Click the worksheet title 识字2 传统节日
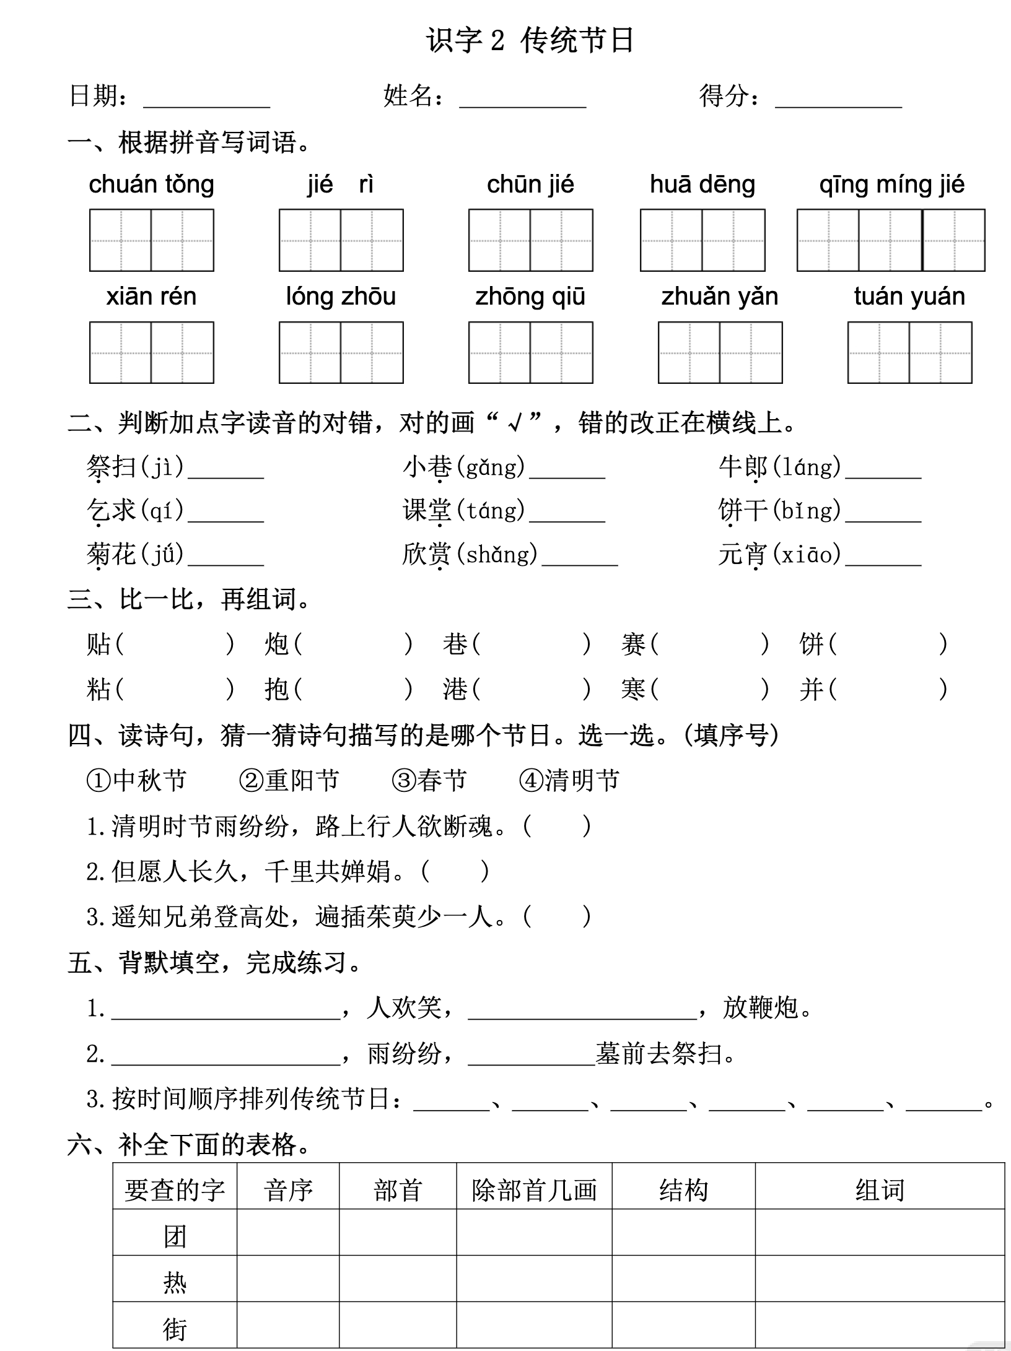point(530,41)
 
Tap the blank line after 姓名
point(522,99)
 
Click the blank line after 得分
point(838,99)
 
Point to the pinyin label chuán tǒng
point(152,185)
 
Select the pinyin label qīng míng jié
point(891,185)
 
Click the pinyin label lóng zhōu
point(341,297)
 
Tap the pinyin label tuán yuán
point(909,297)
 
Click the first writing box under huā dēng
point(672,240)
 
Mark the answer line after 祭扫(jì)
point(226,471)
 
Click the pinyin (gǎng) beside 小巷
point(495,467)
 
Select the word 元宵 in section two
point(743,554)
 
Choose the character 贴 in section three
point(99,644)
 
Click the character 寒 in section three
point(634,689)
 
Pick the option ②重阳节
point(289,780)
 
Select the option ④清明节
point(569,780)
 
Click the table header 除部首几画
point(534,1190)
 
